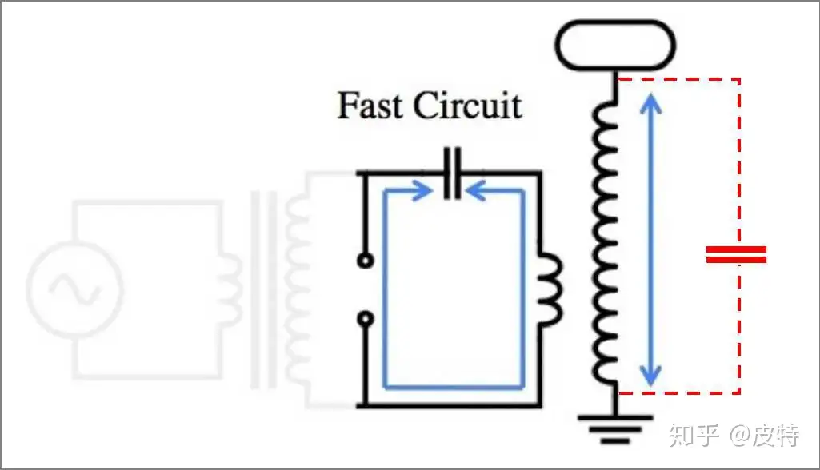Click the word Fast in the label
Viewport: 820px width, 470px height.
pos(369,106)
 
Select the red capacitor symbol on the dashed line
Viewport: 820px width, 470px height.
pos(736,255)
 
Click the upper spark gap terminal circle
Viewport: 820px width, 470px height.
pos(366,261)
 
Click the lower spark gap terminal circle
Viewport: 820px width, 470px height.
pos(366,321)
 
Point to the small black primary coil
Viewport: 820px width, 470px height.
pos(550,289)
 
